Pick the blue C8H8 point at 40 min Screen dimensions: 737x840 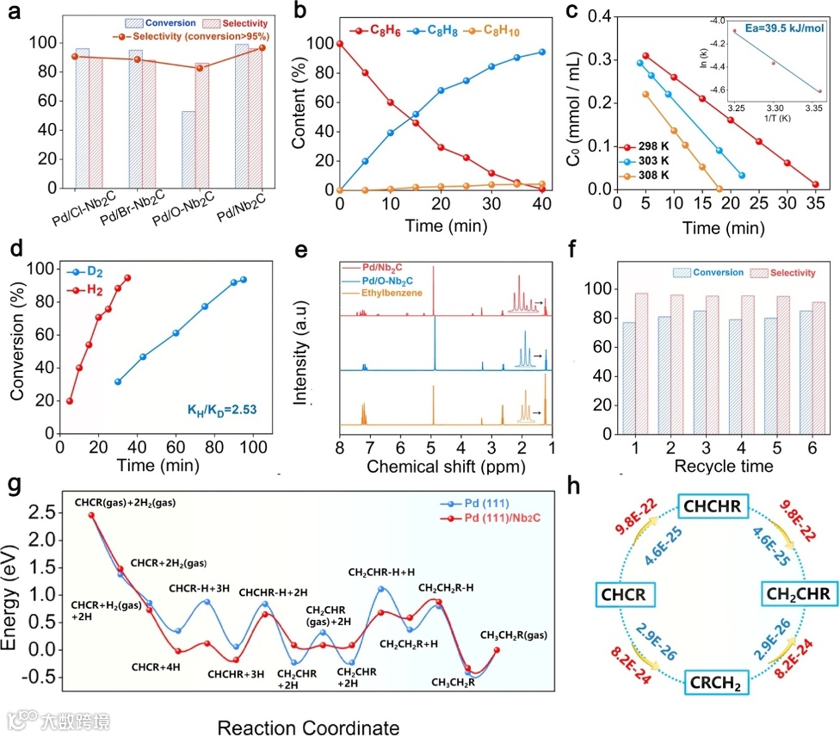(542, 52)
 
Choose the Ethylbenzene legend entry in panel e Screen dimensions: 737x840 (392, 294)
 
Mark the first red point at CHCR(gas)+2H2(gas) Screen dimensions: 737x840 (91, 515)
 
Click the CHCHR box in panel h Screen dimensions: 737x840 (713, 506)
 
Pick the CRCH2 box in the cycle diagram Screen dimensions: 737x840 (713, 684)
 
